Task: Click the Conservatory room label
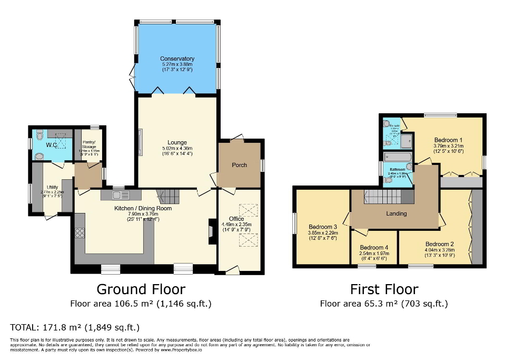pos(177,59)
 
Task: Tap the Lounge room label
pos(177,142)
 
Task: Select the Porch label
pos(240,165)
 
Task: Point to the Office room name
pos(236,219)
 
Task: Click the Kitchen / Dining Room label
pos(143,208)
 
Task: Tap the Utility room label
pos(52,187)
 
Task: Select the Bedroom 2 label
pos(440,244)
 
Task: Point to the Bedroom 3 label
pos(322,227)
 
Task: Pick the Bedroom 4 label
pos(374,247)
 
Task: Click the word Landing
pos(397,213)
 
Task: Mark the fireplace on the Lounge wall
pos(140,142)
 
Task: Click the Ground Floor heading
pos(141,289)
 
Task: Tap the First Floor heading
pos(384,289)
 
